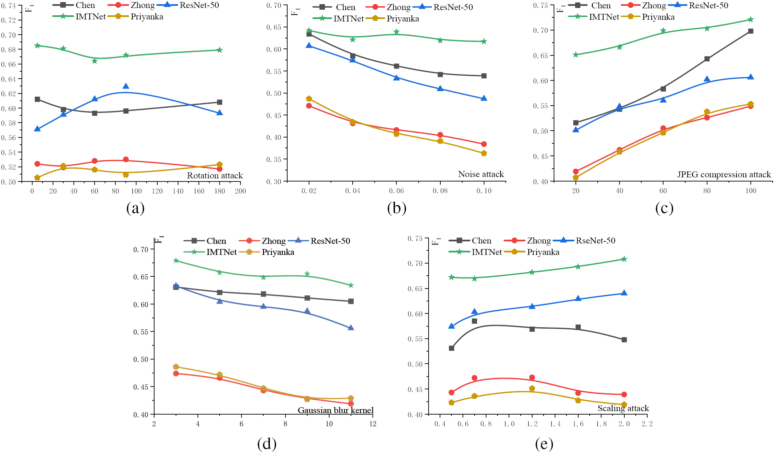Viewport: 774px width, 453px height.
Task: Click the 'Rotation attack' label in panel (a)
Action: click(x=215, y=176)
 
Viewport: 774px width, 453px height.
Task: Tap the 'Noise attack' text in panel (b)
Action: click(x=481, y=174)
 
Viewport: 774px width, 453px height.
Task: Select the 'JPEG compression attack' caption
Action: click(x=724, y=175)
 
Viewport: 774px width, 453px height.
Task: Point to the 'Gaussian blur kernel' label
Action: click(x=335, y=410)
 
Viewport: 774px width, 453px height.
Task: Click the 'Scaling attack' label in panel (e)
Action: click(x=623, y=408)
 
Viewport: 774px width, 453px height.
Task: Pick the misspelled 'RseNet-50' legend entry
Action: click(x=595, y=241)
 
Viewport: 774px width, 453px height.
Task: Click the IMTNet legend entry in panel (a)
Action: click(x=90, y=17)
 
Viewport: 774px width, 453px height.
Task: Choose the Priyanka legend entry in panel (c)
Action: click(x=658, y=17)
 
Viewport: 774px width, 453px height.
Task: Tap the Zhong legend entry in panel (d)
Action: click(x=273, y=241)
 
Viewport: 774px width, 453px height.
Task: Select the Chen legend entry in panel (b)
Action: click(x=345, y=7)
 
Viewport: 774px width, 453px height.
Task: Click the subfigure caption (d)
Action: click(x=267, y=444)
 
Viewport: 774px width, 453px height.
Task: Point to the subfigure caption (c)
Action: click(x=664, y=208)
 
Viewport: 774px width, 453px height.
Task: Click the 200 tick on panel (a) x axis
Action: click(x=240, y=191)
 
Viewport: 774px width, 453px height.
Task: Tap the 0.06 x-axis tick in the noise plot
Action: click(x=396, y=191)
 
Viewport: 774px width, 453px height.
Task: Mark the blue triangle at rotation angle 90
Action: click(x=126, y=86)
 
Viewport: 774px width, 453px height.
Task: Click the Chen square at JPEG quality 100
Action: click(x=750, y=31)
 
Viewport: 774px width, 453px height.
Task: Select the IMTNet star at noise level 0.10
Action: click(x=484, y=42)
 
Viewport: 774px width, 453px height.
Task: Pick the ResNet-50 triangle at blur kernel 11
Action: click(x=351, y=328)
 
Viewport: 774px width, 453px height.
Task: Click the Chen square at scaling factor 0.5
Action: click(x=451, y=348)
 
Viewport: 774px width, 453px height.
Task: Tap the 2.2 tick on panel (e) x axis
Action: click(x=647, y=424)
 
